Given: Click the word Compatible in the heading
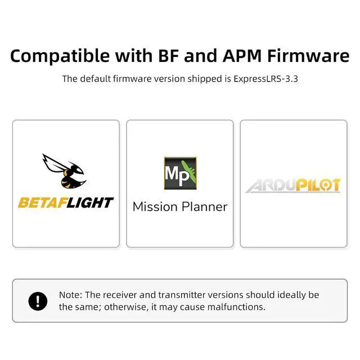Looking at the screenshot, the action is tap(60, 56).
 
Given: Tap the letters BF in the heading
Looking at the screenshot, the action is tap(169, 56).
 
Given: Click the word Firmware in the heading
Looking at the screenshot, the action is tap(308, 56).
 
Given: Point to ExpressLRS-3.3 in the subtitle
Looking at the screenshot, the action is tap(265, 79).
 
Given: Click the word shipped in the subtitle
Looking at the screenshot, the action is tap(204, 79).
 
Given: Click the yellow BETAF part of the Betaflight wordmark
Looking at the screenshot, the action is tap(44, 202).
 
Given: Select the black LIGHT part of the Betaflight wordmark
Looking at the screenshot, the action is tap(90, 202).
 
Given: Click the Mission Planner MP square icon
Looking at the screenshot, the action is tap(180, 173).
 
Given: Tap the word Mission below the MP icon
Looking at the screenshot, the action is tap(155, 206).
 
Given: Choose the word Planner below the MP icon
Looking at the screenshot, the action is tap(204, 207).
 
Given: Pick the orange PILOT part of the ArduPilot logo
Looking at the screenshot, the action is tap(318, 185).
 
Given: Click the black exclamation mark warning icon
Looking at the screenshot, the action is tap(38, 301).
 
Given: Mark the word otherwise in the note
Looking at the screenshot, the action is tap(126, 307).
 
